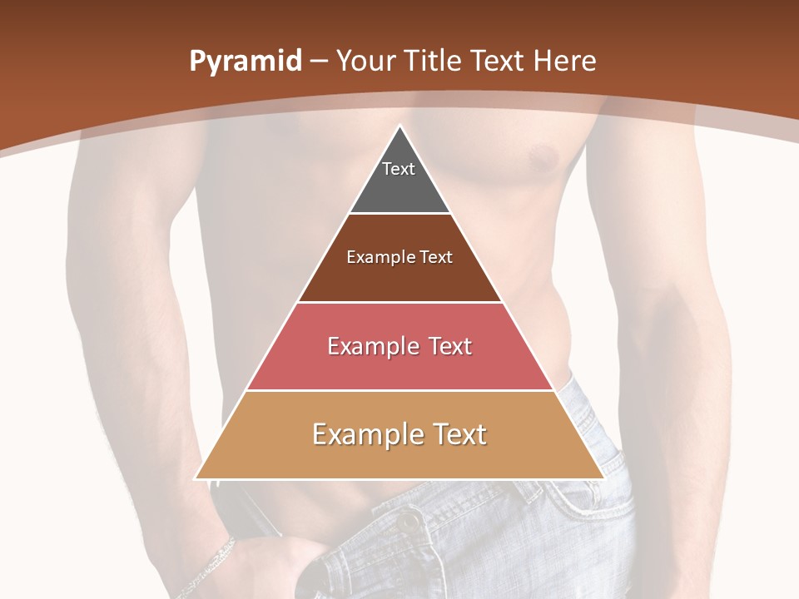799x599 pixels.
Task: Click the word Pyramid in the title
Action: [246, 62]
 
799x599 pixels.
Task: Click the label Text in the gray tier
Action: [399, 169]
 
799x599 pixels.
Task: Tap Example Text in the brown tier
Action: [399, 257]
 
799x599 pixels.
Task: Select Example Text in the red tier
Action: [399, 346]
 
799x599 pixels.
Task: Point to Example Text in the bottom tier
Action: [399, 434]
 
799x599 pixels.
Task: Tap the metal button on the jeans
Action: [409, 522]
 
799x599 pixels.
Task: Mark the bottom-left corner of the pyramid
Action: [196, 478]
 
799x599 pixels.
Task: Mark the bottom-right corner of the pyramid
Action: [603, 478]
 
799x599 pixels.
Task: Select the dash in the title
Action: [319, 62]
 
